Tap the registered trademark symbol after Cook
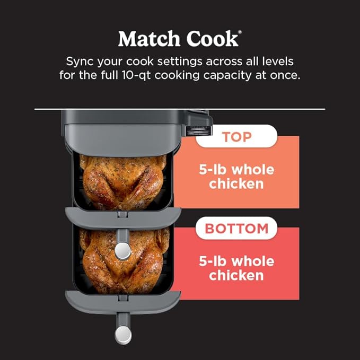[x=240, y=33]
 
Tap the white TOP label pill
[x=236, y=136]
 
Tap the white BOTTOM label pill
[x=236, y=229]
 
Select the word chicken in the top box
[x=236, y=185]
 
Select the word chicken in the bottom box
[x=236, y=276]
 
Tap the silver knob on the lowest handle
[x=123, y=334]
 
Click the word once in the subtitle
[x=284, y=75]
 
